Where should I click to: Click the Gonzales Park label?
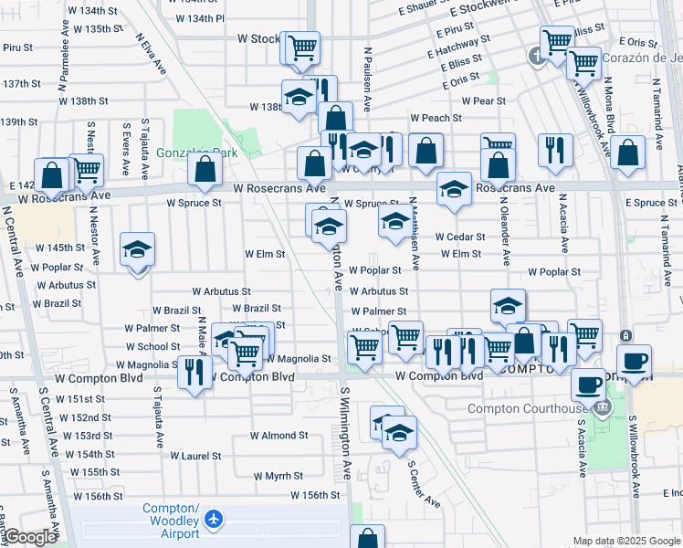195,153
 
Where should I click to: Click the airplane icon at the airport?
214,519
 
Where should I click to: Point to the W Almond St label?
278,436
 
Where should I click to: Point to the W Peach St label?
436,118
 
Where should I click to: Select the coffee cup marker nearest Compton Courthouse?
589,385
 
